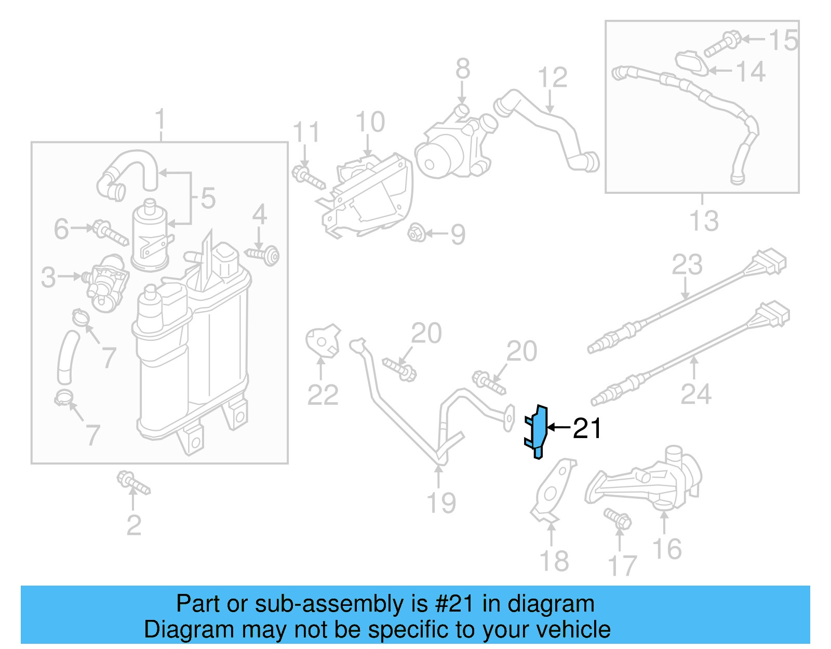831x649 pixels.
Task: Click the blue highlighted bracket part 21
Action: pyautogui.click(x=539, y=431)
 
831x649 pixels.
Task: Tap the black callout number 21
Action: pyautogui.click(x=587, y=429)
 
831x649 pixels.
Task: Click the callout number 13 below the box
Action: pyautogui.click(x=704, y=221)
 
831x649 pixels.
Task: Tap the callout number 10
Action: pyautogui.click(x=370, y=123)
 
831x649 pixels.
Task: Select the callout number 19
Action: pyautogui.click(x=441, y=502)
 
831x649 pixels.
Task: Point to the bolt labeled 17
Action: pyautogui.click(x=618, y=519)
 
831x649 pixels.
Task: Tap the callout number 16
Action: pyautogui.click(x=667, y=549)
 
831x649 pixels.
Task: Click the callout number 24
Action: pyautogui.click(x=696, y=394)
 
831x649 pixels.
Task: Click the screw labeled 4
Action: pyautogui.click(x=263, y=255)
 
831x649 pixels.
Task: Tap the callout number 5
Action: pyautogui.click(x=208, y=198)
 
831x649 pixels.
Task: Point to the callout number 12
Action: pyautogui.click(x=552, y=78)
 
